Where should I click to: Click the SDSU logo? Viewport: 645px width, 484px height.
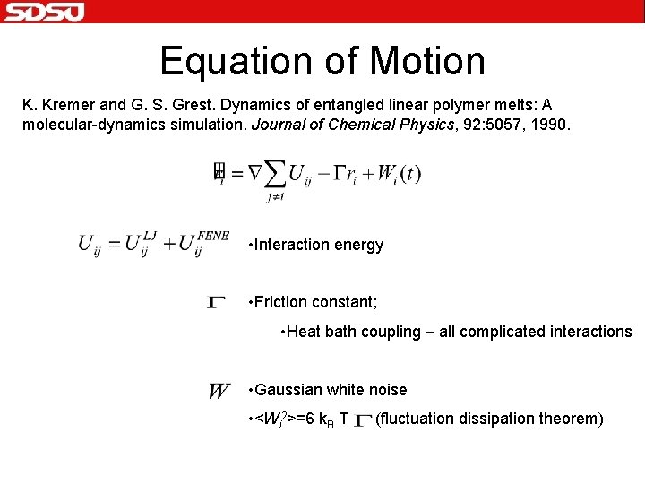tap(45, 12)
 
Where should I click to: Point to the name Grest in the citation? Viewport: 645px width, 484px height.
tap(180, 105)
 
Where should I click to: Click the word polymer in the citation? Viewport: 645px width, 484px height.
tap(449, 105)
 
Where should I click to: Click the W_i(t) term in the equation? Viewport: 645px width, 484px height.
tap(398, 173)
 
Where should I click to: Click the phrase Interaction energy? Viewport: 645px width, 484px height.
tap(318, 245)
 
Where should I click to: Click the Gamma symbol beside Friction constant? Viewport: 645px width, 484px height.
tap(217, 303)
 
